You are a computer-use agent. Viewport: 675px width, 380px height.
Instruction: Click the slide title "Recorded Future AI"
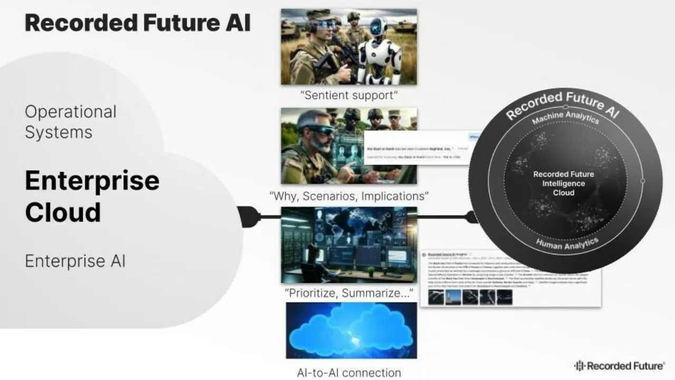point(138,23)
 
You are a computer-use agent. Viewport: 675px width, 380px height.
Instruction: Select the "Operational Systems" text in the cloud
point(71,122)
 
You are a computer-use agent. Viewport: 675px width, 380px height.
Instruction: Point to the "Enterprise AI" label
point(75,261)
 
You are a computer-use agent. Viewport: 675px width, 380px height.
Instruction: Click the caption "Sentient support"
point(349,96)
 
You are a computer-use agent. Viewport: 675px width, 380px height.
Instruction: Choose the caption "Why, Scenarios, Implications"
point(349,196)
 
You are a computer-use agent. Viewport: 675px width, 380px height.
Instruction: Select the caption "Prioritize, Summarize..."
point(349,293)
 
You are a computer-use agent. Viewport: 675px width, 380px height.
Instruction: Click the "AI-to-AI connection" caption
point(349,373)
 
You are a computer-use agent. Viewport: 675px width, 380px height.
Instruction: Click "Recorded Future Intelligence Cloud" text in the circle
point(563,183)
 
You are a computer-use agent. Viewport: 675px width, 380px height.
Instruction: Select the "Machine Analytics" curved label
point(565,116)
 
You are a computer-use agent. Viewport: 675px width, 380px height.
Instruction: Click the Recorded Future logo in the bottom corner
point(619,366)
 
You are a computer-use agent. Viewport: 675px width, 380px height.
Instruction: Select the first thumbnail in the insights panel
point(436,297)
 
